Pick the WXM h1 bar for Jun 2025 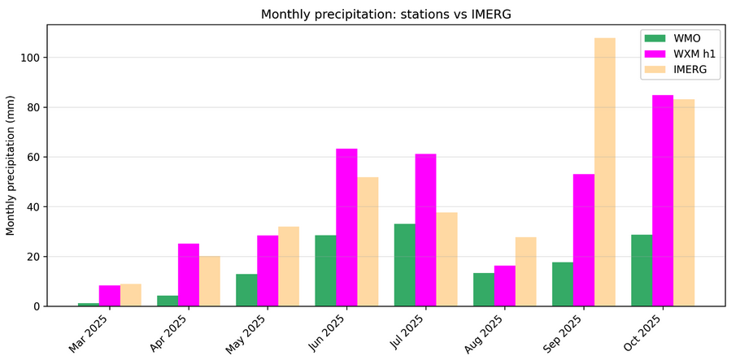(346, 228)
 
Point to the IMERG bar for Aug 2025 (526, 271)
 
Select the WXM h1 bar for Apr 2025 (189, 275)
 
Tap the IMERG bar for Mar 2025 (131, 295)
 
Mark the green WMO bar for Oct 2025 (642, 271)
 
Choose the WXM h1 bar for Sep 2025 (584, 240)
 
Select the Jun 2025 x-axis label (328, 333)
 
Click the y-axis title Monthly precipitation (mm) (11, 165)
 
